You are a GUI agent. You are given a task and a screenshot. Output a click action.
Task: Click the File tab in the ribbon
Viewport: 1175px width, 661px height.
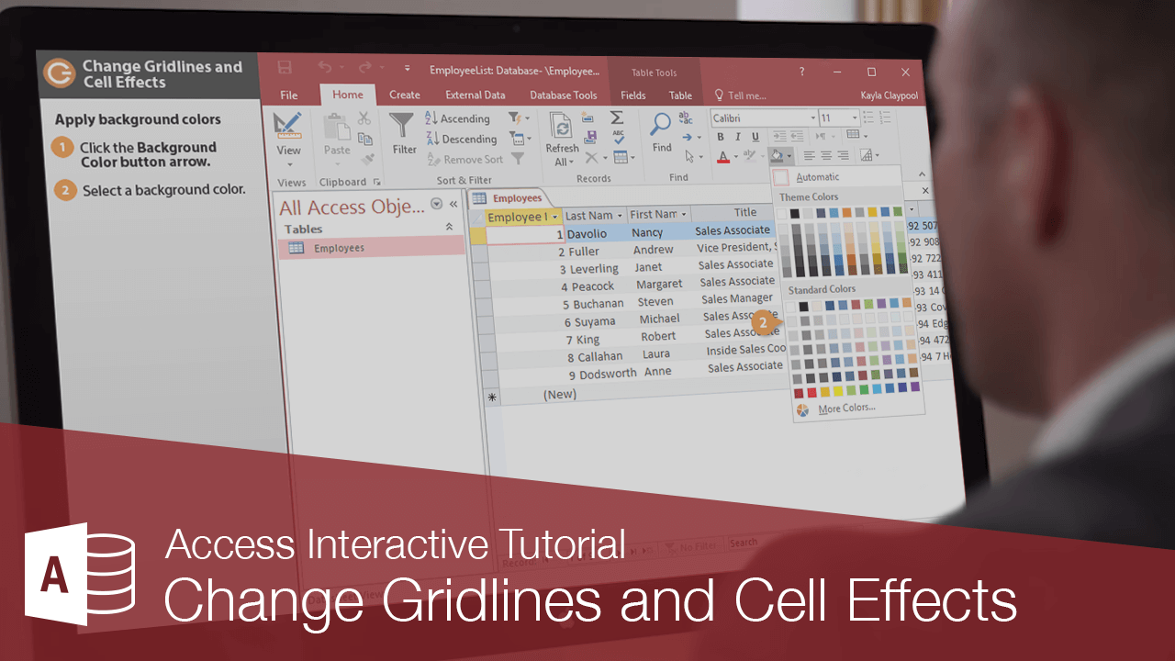click(289, 95)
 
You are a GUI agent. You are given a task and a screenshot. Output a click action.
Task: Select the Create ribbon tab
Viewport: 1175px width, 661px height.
click(404, 95)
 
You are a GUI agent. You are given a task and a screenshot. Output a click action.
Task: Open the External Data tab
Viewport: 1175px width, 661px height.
click(475, 95)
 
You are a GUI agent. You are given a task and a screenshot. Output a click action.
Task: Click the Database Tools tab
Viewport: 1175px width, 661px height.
click(563, 95)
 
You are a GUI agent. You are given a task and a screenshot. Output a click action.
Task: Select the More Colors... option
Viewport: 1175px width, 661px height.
click(845, 409)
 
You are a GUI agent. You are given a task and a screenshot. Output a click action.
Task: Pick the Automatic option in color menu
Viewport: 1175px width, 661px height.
click(816, 177)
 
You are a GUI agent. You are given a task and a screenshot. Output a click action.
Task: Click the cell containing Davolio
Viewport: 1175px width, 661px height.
click(587, 234)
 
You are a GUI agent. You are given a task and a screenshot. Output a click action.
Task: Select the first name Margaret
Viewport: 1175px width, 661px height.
click(658, 285)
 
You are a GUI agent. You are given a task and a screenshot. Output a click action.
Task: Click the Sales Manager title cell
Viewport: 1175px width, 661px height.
click(737, 299)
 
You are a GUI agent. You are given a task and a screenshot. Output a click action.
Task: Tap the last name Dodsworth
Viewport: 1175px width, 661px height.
click(608, 374)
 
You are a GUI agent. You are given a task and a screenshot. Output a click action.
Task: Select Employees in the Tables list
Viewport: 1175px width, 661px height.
click(339, 248)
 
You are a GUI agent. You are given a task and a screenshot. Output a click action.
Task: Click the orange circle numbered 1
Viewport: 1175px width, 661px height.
click(62, 148)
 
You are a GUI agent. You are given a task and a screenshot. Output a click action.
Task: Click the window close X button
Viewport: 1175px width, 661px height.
click(905, 72)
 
